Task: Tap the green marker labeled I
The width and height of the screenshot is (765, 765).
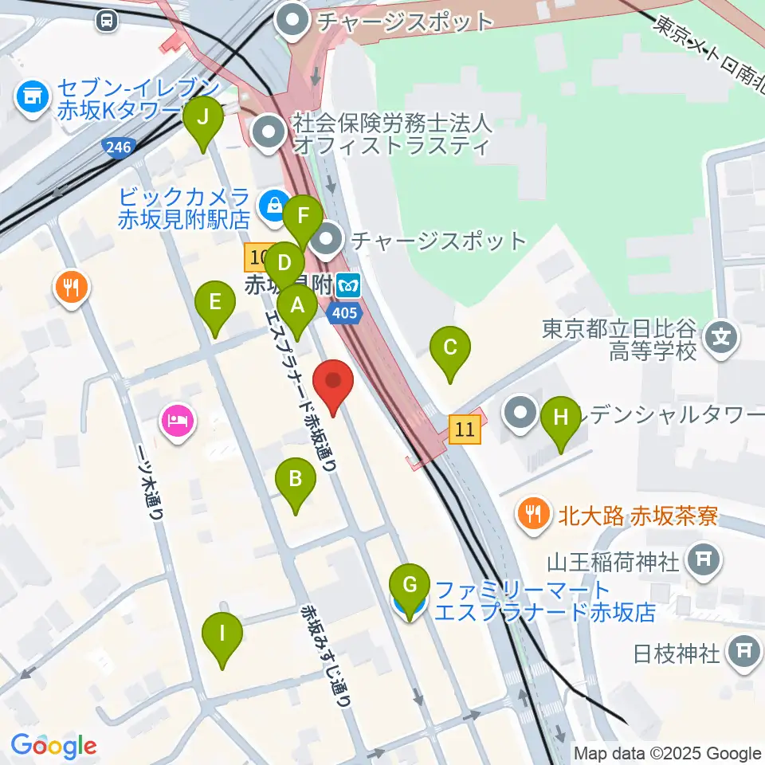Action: [x=222, y=635]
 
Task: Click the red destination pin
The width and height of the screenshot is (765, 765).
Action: [x=333, y=382]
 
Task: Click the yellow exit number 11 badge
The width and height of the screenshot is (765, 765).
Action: [x=465, y=430]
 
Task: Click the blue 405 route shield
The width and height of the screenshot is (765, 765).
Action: [x=343, y=312]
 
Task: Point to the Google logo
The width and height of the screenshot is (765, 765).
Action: [x=53, y=745]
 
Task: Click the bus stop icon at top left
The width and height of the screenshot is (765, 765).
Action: [x=105, y=21]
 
